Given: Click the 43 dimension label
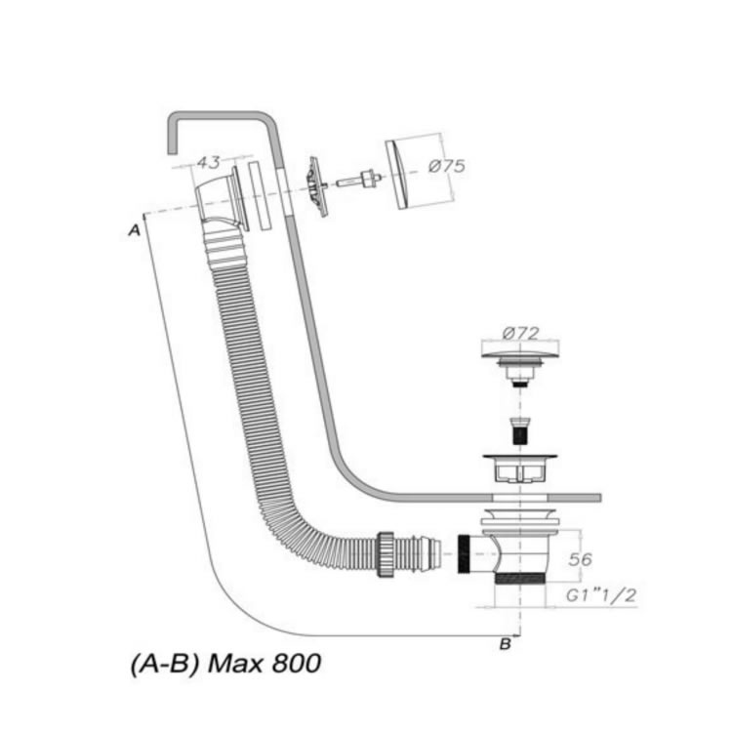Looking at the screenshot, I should (207, 161).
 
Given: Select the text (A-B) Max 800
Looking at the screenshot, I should (224, 665).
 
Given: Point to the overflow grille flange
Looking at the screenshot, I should (316, 185).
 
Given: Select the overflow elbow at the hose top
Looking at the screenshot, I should (217, 199).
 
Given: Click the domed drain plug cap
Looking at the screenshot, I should (519, 352).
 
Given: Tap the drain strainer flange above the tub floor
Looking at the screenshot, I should (519, 458).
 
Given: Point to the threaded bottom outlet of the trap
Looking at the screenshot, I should (519, 579).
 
